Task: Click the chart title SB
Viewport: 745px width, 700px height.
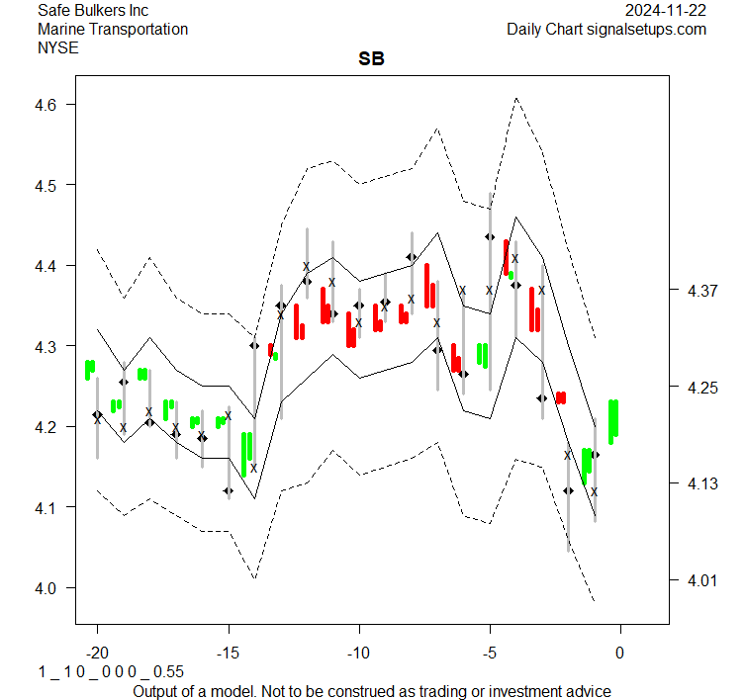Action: [x=371, y=59]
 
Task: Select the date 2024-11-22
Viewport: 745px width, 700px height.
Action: [x=666, y=10]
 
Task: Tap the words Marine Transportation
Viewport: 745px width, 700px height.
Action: [x=112, y=29]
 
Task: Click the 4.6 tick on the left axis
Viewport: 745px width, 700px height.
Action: [x=53, y=105]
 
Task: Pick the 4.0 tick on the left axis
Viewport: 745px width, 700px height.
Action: [x=53, y=588]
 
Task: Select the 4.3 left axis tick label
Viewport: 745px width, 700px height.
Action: [x=53, y=347]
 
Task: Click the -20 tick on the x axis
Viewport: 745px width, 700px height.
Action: [x=97, y=653]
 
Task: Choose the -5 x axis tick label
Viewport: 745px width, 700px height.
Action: [x=490, y=653]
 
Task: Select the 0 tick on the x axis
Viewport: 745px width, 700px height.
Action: [x=620, y=653]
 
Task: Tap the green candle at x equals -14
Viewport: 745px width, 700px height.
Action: [x=246, y=454]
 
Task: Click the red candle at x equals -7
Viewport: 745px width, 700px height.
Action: [x=428, y=286]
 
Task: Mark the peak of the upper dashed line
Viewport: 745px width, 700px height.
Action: [x=515, y=98]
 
